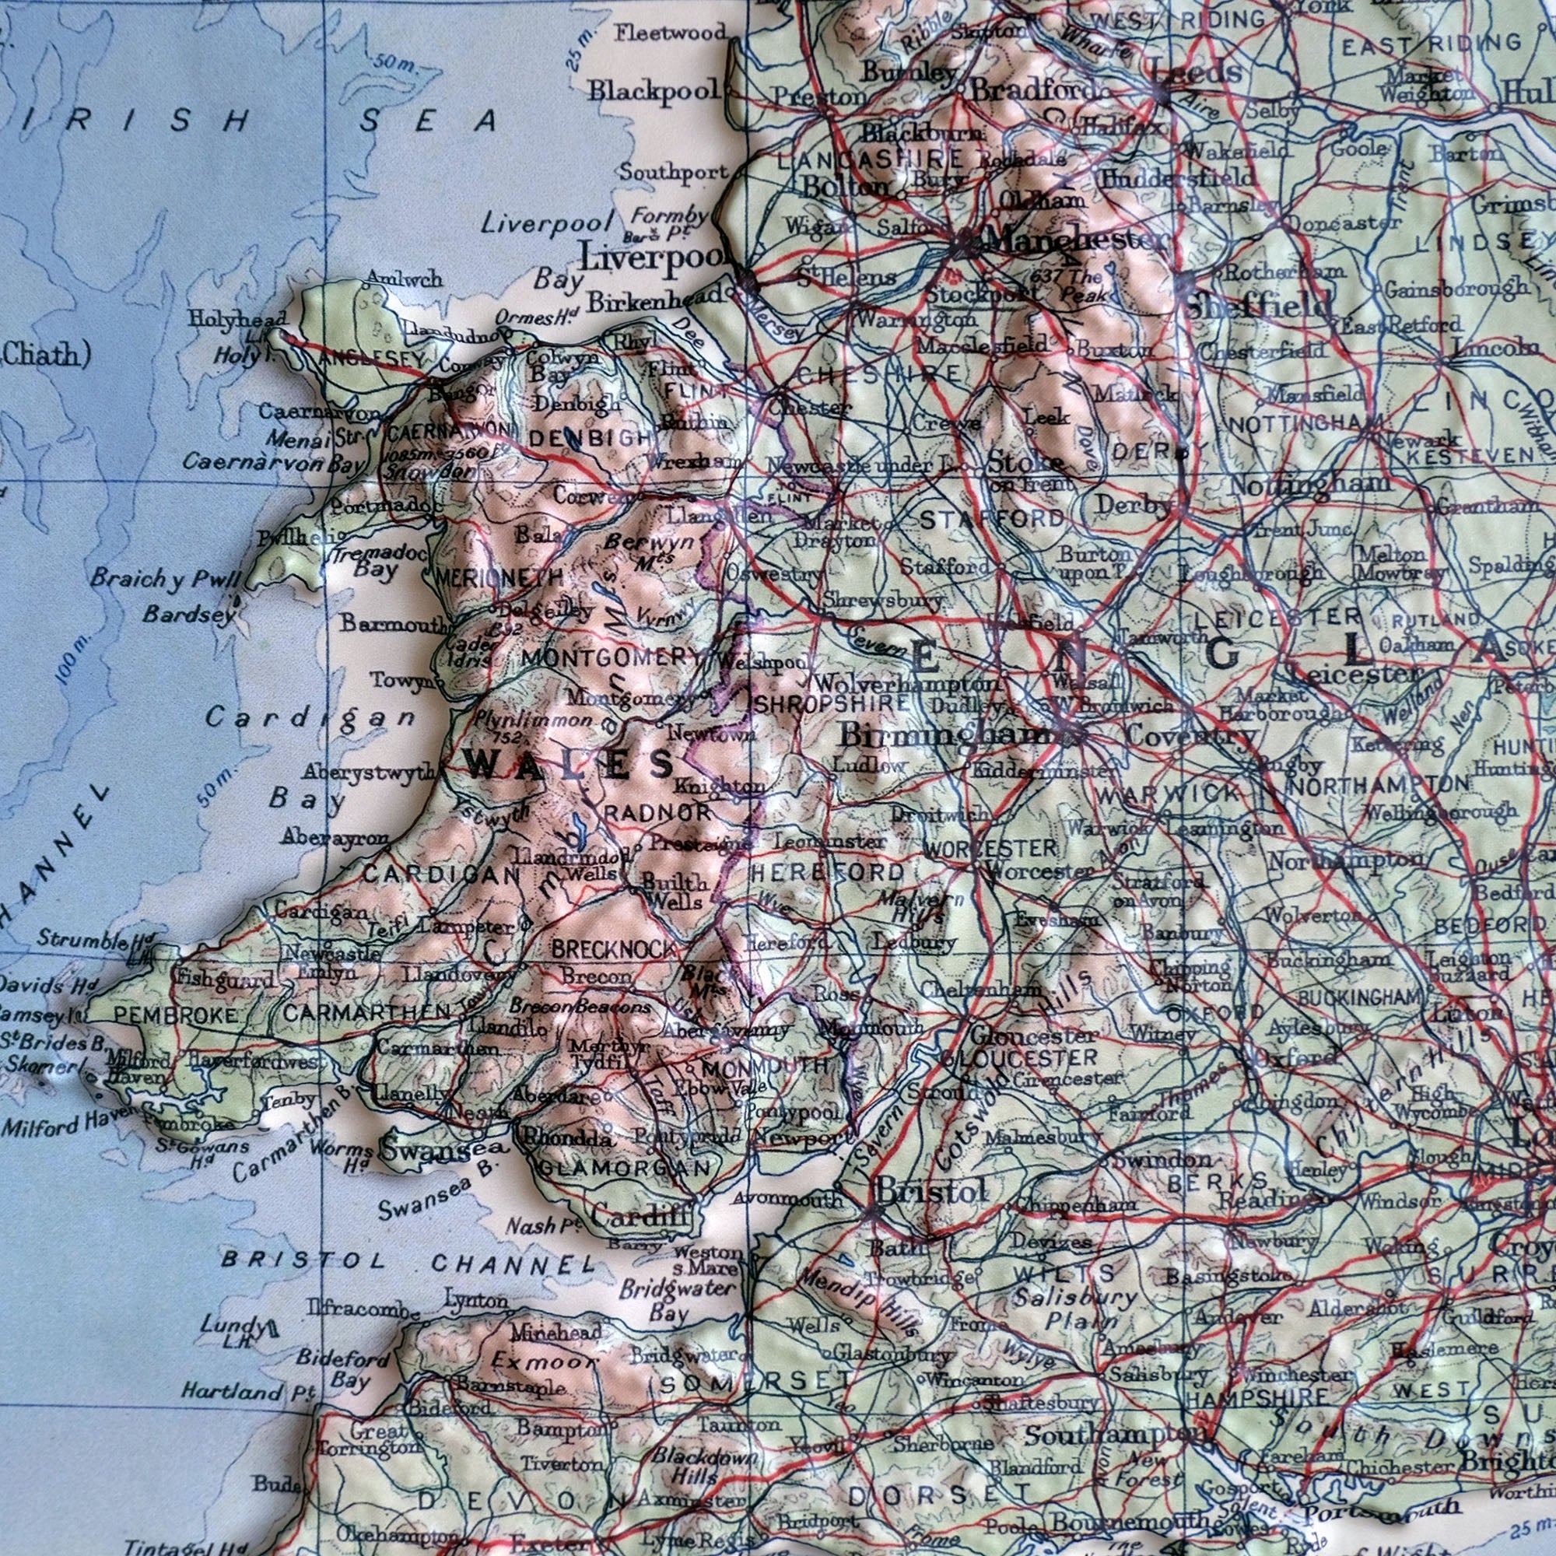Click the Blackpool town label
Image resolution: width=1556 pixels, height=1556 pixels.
pos(653,90)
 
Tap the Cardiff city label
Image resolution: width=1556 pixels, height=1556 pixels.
pos(641,1216)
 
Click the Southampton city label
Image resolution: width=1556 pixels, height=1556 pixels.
pos(1116,1436)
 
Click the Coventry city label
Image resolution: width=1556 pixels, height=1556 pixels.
pos(1190,735)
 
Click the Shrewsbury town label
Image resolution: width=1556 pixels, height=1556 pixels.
pos(882,601)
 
